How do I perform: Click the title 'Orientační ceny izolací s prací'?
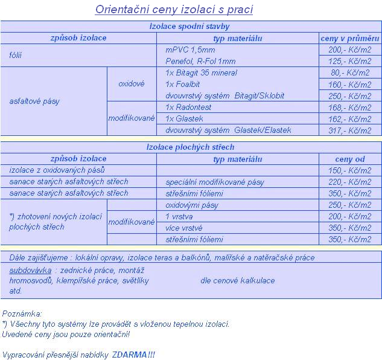[174, 10]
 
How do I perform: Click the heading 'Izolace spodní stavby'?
[189, 27]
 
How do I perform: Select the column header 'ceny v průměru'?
[350, 38]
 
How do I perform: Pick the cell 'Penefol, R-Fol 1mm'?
[200, 62]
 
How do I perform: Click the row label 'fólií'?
[17, 56]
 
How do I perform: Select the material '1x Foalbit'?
[183, 85]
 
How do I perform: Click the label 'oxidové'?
[131, 84]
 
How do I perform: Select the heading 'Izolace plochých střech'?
[190, 147]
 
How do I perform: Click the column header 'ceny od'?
[350, 159]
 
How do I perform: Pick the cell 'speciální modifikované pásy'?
[214, 182]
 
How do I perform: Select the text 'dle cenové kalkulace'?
[237, 280]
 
